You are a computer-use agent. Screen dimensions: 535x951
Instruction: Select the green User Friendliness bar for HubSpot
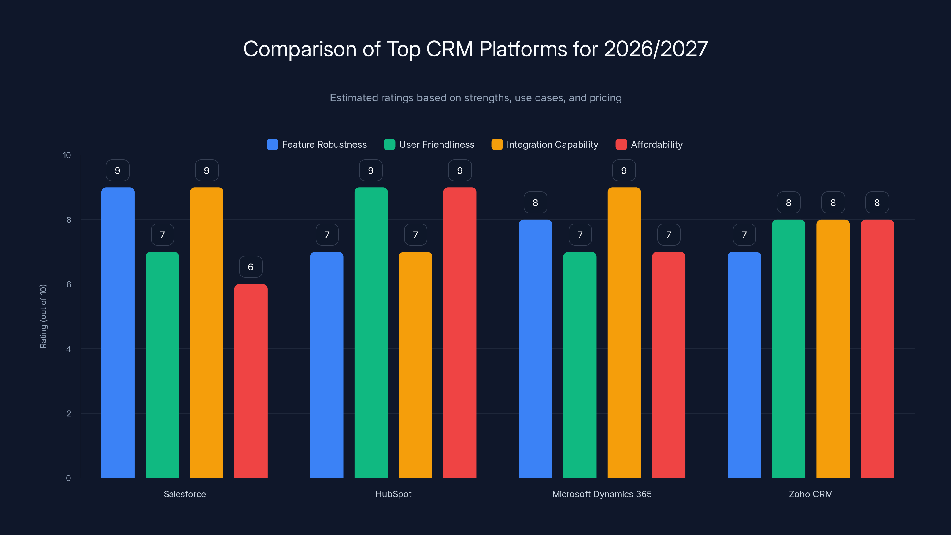(371, 332)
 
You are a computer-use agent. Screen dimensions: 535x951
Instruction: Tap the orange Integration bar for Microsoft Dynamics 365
(624, 332)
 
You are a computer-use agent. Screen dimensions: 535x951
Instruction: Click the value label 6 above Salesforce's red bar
(251, 267)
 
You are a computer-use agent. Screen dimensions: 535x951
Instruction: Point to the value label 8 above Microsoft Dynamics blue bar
(535, 202)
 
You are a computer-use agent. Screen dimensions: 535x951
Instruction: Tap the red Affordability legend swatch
(621, 144)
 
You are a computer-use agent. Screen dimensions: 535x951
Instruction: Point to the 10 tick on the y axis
(67, 155)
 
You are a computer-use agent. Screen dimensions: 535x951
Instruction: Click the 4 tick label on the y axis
(68, 349)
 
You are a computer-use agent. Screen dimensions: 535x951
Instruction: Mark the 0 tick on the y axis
(68, 478)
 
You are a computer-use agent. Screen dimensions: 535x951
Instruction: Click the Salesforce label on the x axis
(185, 494)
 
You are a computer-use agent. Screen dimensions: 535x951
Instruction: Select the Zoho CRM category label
(811, 494)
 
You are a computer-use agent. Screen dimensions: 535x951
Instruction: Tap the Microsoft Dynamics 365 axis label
(602, 494)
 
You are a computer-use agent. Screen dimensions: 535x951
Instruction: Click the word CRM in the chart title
(449, 49)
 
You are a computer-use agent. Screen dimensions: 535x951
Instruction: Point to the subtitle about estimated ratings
(475, 98)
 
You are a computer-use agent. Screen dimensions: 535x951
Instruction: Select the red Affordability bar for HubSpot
(460, 332)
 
